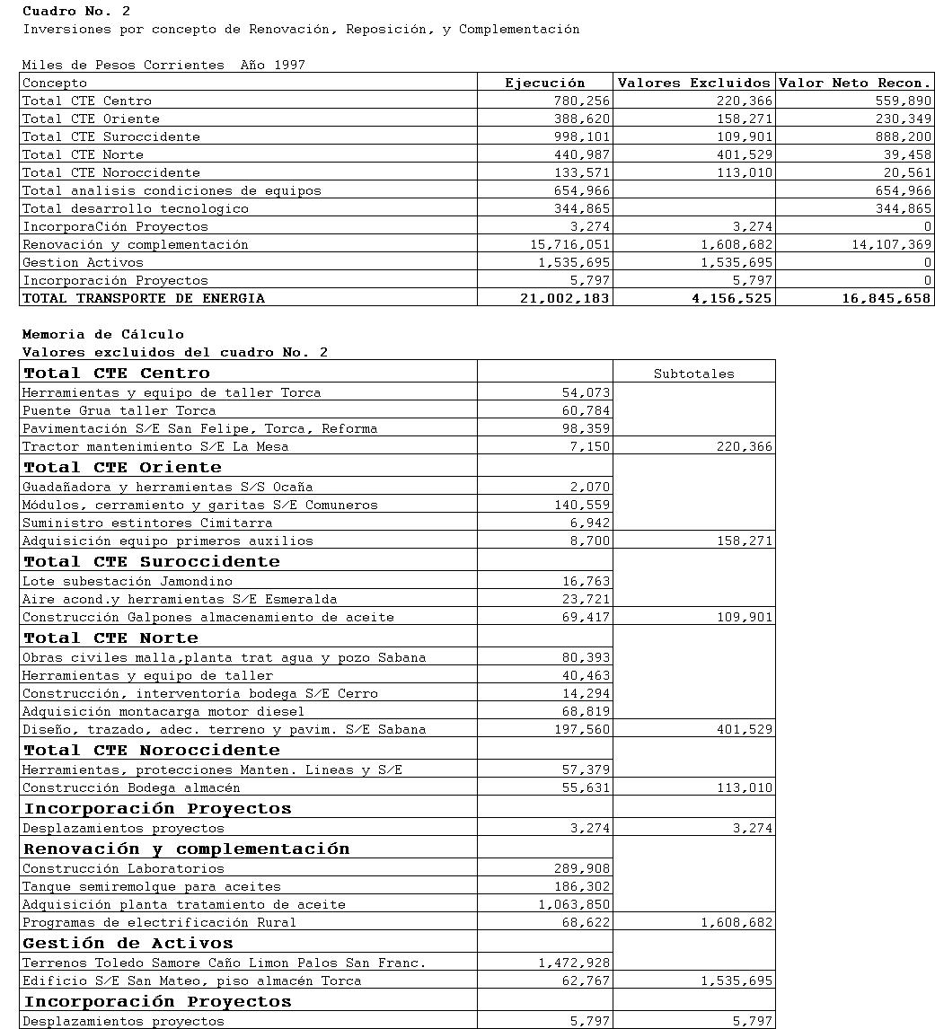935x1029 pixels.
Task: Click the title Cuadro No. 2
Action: [76, 11]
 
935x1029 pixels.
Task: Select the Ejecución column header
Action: [544, 83]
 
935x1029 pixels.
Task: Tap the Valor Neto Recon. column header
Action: [854, 83]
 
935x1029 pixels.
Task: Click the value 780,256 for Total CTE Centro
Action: [583, 101]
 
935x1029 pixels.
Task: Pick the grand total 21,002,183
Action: [565, 298]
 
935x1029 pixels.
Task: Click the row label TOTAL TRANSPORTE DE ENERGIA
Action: [144, 298]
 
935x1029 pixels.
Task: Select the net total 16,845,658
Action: [886, 298]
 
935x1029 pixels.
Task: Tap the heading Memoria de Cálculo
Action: [103, 334]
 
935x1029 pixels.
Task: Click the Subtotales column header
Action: [693, 374]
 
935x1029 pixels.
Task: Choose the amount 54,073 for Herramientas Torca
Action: [587, 392]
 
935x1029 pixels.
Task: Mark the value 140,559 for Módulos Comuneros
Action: [583, 505]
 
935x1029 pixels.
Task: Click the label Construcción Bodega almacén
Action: [131, 787]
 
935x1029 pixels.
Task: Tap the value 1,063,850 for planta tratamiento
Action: [575, 904]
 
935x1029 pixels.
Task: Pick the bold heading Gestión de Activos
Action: [128, 943]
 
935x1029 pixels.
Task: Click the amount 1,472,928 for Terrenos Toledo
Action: [575, 963]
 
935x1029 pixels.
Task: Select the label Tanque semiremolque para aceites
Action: [152, 886]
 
